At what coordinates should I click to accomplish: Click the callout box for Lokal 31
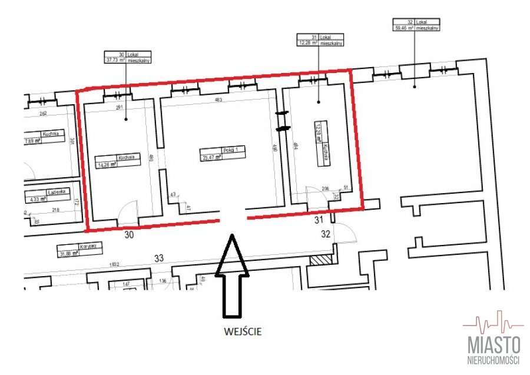click(319, 39)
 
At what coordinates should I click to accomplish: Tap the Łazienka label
click(59, 191)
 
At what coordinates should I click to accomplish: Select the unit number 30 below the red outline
click(129, 234)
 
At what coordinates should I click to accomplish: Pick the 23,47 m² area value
click(211, 158)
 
